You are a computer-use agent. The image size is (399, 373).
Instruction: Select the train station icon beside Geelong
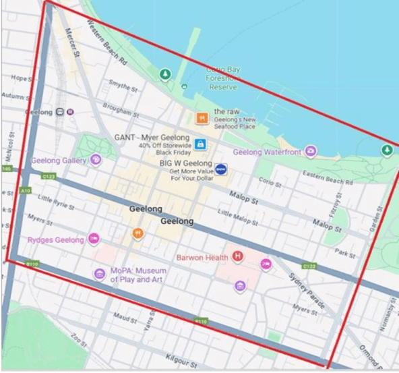click(x=61, y=112)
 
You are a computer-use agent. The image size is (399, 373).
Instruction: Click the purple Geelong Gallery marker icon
click(x=96, y=160)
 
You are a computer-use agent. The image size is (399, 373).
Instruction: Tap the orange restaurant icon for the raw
click(x=200, y=118)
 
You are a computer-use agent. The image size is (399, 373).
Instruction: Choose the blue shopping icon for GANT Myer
click(x=199, y=144)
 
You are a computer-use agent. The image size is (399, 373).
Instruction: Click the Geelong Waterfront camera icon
click(x=310, y=152)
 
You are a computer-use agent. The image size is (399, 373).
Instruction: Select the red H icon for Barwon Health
click(x=237, y=257)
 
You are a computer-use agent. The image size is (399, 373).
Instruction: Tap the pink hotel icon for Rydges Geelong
click(x=94, y=239)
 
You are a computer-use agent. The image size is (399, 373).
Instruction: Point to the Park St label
click(x=346, y=254)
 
